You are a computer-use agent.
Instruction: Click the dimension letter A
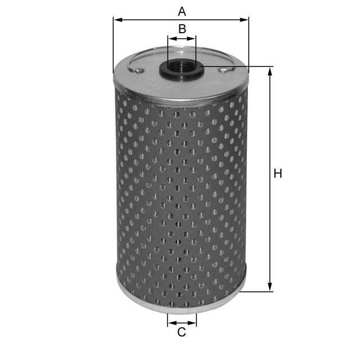point(181,11)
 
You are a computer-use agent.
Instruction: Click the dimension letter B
point(182,29)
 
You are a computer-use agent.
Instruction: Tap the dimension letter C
point(182,332)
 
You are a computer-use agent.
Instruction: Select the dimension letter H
point(277,174)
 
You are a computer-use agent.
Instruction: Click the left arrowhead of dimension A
point(117,20)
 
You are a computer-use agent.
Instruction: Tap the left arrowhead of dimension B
point(171,39)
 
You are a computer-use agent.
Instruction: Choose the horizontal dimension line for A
point(214,20)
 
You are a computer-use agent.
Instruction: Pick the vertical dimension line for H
point(271,225)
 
